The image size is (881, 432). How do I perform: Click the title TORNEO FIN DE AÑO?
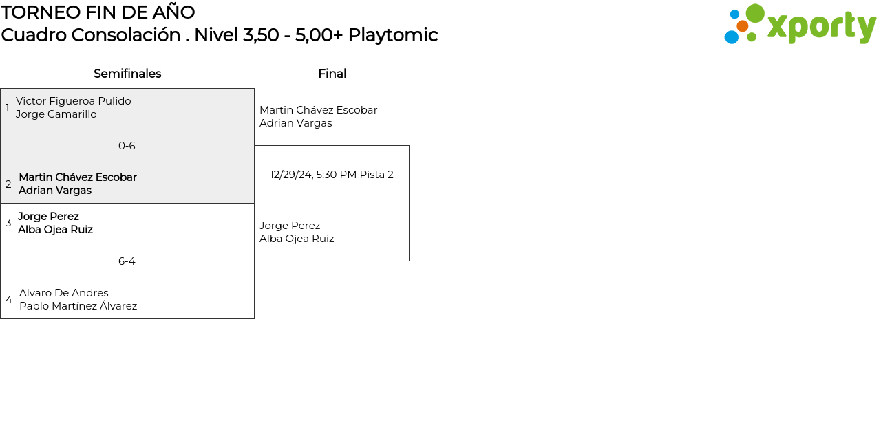(x=98, y=12)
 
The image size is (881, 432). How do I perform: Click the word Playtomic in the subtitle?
(x=392, y=35)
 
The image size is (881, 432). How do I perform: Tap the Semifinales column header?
(x=127, y=74)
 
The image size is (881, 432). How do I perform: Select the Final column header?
(x=332, y=74)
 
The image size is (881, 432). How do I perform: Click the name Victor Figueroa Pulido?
(x=74, y=101)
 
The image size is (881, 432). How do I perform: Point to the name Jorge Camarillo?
(x=56, y=114)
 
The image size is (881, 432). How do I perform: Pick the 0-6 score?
(x=127, y=146)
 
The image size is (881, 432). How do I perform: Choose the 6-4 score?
(x=127, y=261)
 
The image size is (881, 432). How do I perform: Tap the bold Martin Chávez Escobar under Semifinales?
(x=78, y=177)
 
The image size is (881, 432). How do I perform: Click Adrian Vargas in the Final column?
(x=295, y=123)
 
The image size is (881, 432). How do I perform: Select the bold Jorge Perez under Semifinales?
(x=48, y=217)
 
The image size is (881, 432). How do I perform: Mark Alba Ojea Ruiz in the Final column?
(x=297, y=239)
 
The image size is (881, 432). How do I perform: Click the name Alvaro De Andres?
(x=64, y=293)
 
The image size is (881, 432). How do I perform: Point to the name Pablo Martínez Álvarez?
(x=78, y=306)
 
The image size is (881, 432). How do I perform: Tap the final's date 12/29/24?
(x=290, y=175)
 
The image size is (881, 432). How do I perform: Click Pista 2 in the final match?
(x=376, y=175)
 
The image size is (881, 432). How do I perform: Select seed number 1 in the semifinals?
(x=8, y=108)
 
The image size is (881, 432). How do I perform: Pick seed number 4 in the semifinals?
(x=8, y=300)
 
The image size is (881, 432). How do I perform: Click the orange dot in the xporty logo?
(x=742, y=26)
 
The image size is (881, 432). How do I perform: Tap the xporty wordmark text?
(x=821, y=27)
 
